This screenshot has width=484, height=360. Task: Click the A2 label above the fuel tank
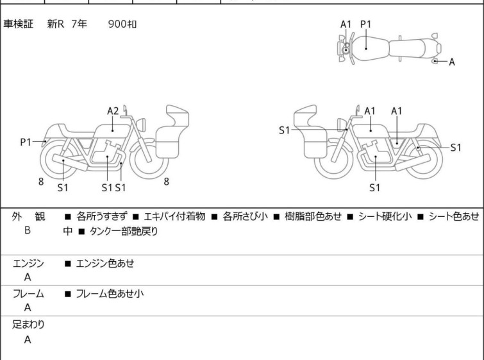pyautogui.click(x=113, y=111)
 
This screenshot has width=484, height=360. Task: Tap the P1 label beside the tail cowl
pyautogui.click(x=26, y=142)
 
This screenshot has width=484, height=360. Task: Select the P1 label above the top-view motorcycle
pyautogui.click(x=366, y=24)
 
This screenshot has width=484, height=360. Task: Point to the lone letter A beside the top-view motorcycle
pyautogui.click(x=452, y=62)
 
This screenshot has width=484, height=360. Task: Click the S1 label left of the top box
pyautogui.click(x=284, y=130)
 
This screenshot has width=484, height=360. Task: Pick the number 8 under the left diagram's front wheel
pyautogui.click(x=167, y=182)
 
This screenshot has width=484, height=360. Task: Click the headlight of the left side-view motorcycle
pyautogui.click(x=141, y=124)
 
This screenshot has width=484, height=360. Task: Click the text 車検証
pyautogui.click(x=18, y=24)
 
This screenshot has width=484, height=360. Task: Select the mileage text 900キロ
pyautogui.click(x=122, y=24)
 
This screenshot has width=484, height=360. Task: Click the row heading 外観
pyautogui.click(x=28, y=216)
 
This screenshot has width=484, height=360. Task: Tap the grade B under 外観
pyautogui.click(x=28, y=230)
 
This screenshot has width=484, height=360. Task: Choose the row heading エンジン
pyautogui.click(x=28, y=263)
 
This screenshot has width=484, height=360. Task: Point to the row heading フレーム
pyautogui.click(x=28, y=293)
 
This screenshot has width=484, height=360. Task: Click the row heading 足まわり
pyautogui.click(x=28, y=324)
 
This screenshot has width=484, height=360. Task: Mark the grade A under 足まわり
pyautogui.click(x=28, y=339)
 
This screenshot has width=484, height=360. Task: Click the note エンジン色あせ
pyautogui.click(x=105, y=263)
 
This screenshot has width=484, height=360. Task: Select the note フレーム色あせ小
pyautogui.click(x=110, y=293)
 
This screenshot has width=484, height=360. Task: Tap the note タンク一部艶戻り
pyautogui.click(x=124, y=231)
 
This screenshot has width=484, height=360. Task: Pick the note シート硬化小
pyautogui.click(x=385, y=216)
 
